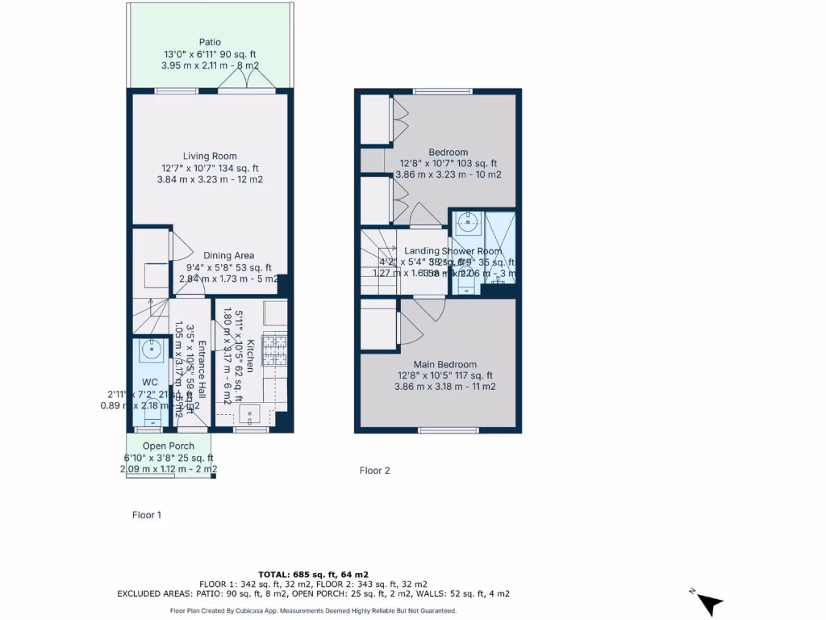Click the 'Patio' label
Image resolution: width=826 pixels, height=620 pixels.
[x=210, y=42]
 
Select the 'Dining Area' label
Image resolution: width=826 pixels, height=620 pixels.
[x=228, y=256]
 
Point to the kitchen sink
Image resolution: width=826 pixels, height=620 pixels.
[x=249, y=414]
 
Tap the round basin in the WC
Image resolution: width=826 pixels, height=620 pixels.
[x=149, y=350]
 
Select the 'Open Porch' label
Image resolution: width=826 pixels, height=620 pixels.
[x=168, y=446]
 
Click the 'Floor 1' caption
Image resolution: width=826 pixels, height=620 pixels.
[x=147, y=514]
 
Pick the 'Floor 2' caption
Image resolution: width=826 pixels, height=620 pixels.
[x=375, y=471]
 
